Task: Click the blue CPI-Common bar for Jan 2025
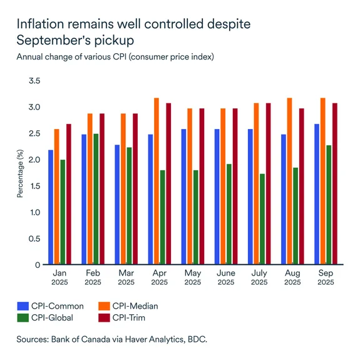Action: tap(51, 207)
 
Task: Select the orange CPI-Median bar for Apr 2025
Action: tap(156, 182)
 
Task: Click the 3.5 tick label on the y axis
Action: tap(34, 81)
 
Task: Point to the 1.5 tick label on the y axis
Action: tap(34, 186)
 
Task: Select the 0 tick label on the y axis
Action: tap(38, 265)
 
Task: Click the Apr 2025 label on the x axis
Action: tap(159, 278)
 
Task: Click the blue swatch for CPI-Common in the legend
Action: tap(23, 306)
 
